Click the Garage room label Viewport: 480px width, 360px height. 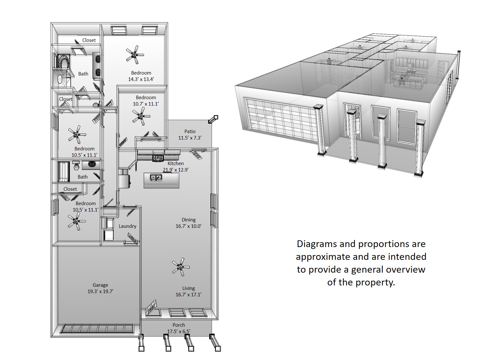[100, 285]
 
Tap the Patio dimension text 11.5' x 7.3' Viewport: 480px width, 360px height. [190, 138]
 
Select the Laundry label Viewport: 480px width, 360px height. [127, 226]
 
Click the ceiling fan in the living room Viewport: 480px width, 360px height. [180, 267]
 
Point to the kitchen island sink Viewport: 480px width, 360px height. [156, 177]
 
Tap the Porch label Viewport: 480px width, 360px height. [179, 325]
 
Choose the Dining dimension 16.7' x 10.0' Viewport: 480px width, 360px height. [188, 226]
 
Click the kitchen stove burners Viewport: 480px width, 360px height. [158, 157]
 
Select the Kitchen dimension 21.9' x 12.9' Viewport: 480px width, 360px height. [176, 170]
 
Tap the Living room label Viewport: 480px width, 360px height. [188, 288]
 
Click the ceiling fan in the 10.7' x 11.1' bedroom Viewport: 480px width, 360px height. [141, 116]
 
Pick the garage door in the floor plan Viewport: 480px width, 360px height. [97, 329]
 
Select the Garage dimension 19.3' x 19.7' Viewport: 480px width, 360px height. [100, 292]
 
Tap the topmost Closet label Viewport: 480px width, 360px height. [89, 40]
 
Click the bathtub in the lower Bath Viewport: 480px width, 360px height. [64, 172]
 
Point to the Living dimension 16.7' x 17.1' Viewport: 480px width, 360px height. [188, 295]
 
